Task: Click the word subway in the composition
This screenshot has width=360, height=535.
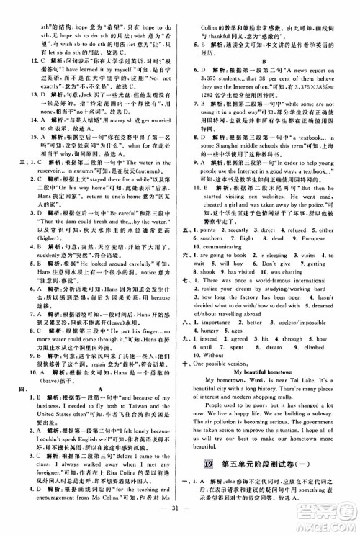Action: click(x=325, y=436)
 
